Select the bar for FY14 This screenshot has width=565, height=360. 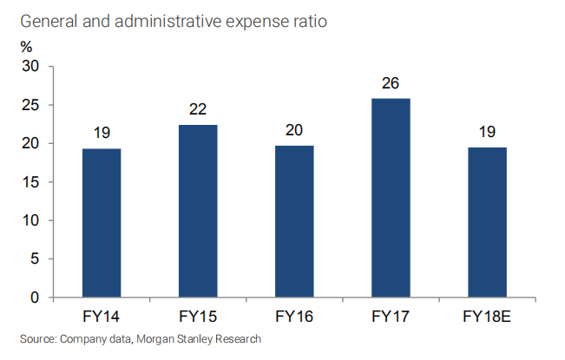pyautogui.click(x=102, y=223)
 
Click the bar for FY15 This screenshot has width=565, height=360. pyautogui.click(x=198, y=211)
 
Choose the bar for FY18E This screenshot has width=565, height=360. pyautogui.click(x=487, y=222)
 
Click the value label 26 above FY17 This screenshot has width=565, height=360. pyautogui.click(x=391, y=84)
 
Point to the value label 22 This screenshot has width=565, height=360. pyautogui.click(x=198, y=111)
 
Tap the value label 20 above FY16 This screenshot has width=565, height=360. pyautogui.click(x=294, y=131)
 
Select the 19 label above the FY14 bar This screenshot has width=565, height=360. pyautogui.click(x=102, y=134)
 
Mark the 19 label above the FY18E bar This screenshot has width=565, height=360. pyautogui.click(x=487, y=133)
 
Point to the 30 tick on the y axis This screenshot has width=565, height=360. pyautogui.click(x=31, y=67)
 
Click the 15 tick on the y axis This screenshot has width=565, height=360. pyautogui.click(x=31, y=182)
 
